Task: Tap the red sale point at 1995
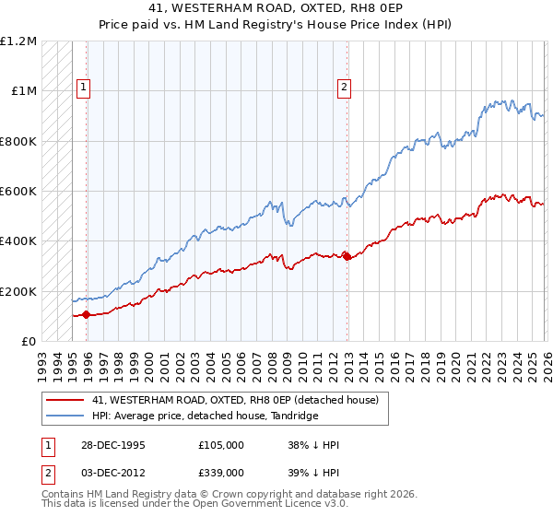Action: tap(87, 315)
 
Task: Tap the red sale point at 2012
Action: tap(347, 256)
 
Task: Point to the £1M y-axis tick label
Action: tap(21, 91)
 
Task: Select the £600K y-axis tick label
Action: tap(18, 192)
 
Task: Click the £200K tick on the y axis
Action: tap(18, 291)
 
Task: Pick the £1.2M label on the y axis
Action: tap(18, 41)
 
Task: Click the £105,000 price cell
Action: tap(221, 445)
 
